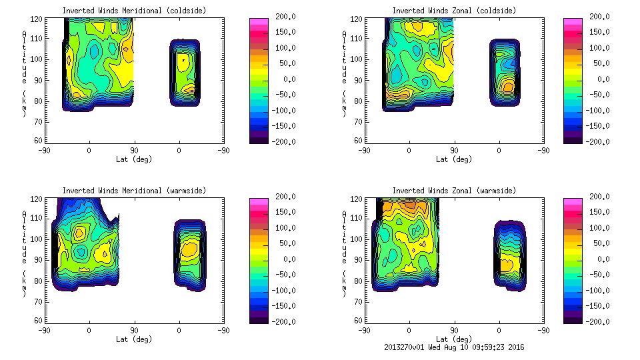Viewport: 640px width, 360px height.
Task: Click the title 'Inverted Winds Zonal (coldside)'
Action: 454,11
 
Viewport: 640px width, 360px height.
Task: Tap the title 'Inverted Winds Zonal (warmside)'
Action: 454,191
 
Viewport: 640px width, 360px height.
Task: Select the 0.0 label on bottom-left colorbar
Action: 283,259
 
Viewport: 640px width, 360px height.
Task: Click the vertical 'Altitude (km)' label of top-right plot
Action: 345,73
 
